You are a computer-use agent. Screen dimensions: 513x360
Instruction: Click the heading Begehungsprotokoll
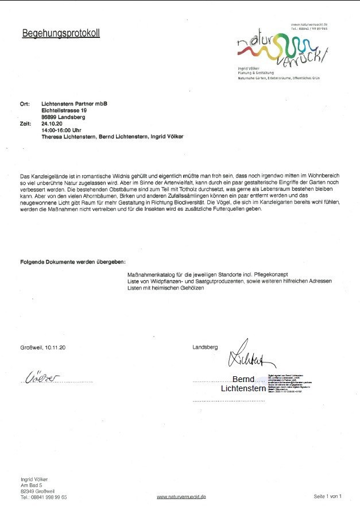(60, 33)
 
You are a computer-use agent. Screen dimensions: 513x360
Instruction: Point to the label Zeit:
(26, 124)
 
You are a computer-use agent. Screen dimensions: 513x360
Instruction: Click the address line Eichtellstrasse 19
(64, 110)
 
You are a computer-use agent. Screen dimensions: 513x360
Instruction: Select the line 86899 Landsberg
(63, 117)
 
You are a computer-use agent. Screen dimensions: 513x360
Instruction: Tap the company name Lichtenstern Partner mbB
(75, 103)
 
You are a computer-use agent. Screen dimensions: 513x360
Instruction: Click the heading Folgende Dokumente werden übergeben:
(72, 262)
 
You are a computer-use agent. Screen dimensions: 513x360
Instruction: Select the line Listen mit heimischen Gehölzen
(166, 288)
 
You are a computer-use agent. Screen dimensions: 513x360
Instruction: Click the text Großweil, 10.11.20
(43, 348)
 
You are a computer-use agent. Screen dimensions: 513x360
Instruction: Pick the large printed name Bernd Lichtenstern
(243, 384)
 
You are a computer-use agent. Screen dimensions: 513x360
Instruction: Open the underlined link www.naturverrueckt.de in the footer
(181, 496)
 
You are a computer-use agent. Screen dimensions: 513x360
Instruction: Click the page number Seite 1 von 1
(328, 496)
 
